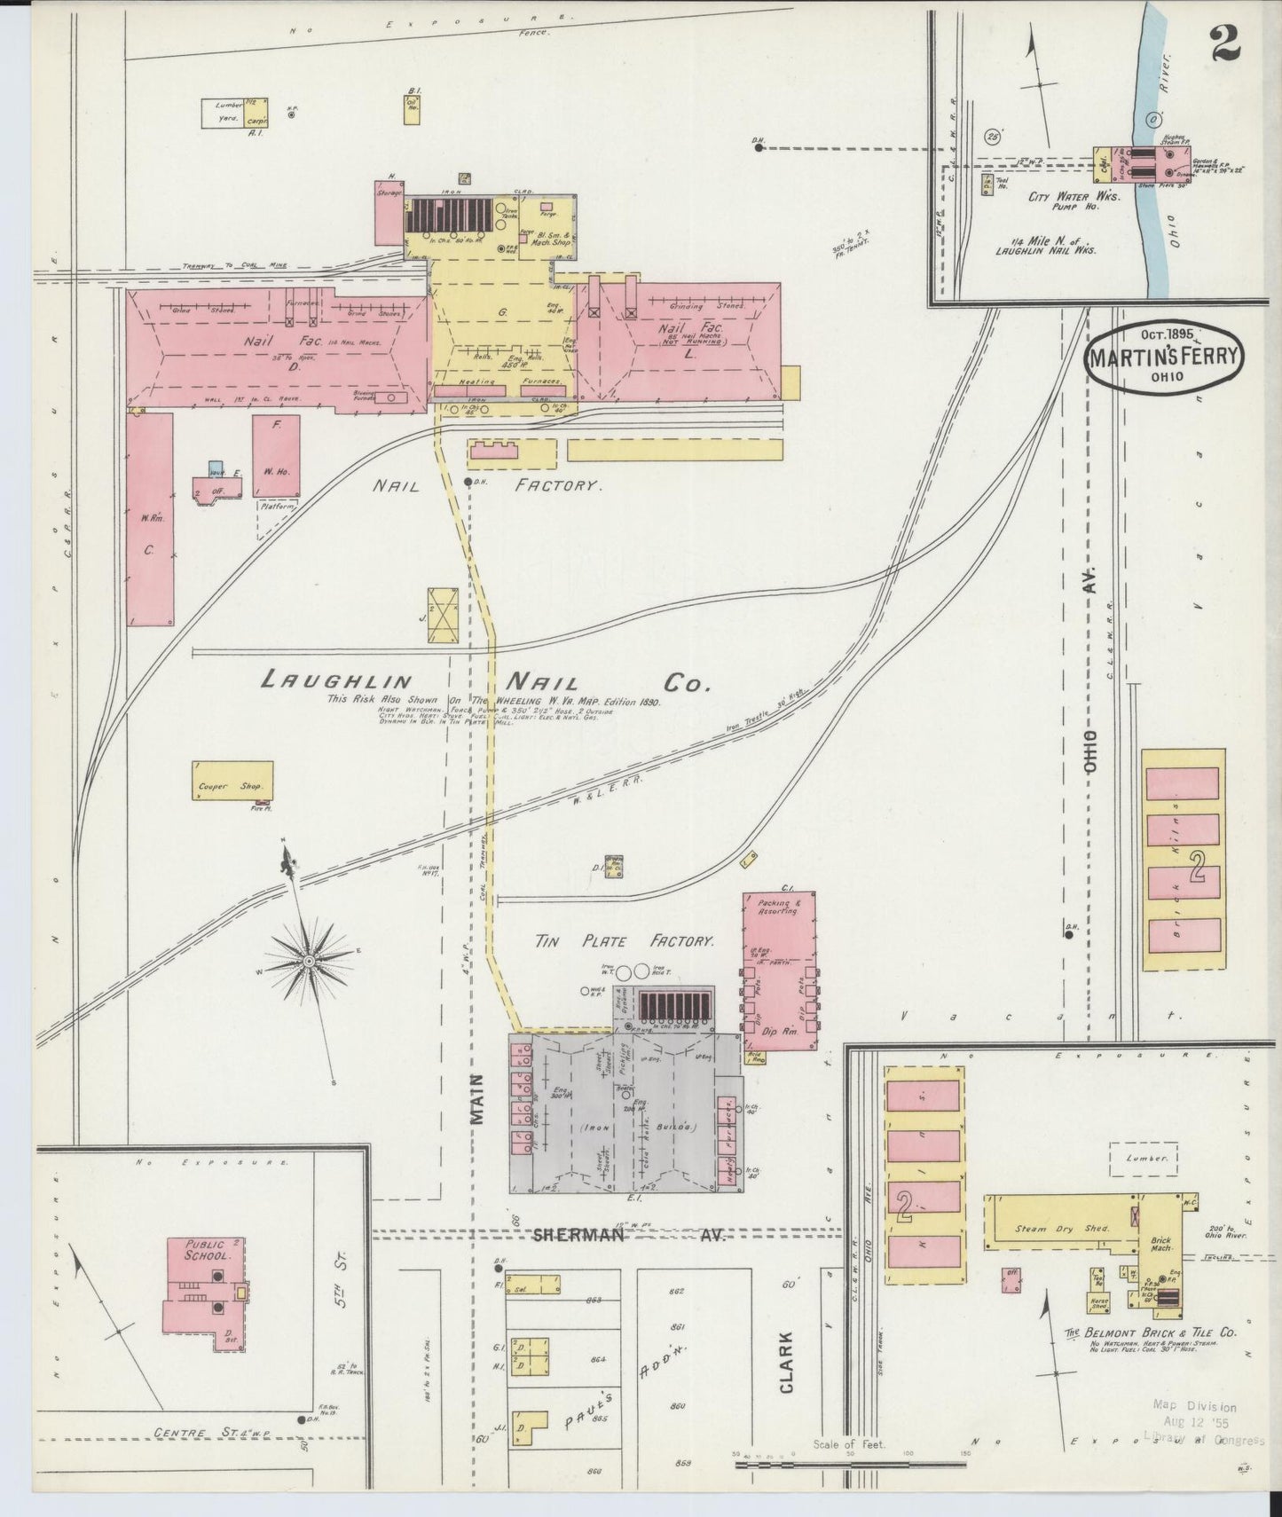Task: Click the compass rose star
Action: point(309,961)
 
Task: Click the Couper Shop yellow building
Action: point(233,780)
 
